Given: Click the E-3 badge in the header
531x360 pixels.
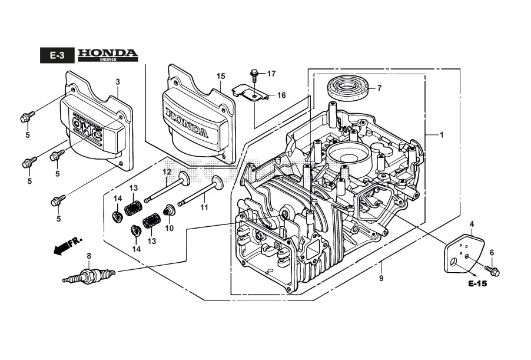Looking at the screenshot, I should [57, 56].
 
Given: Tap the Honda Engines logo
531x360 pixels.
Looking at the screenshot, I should [108, 55].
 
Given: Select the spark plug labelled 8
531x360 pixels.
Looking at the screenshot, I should [88, 275].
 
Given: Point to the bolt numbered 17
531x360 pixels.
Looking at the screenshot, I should [254, 75].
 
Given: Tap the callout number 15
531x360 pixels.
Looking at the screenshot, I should [221, 76].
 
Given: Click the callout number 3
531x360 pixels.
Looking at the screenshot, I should [117, 81].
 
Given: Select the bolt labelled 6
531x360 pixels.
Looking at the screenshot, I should [492, 271].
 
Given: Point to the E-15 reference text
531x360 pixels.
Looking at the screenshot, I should [477, 284].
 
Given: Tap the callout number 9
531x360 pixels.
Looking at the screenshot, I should [381, 278].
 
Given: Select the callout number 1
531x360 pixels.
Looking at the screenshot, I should [442, 134].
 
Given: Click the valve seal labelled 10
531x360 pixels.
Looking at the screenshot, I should [169, 210].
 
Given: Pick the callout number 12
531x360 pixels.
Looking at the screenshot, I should [167, 171].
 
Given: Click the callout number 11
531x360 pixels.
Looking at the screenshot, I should [204, 207].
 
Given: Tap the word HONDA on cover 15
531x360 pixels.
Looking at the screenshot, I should [187, 122].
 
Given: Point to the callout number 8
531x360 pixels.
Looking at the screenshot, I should [88, 256].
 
